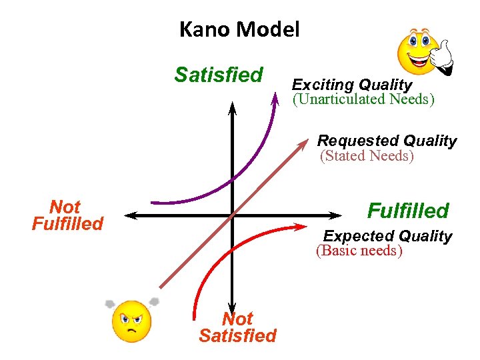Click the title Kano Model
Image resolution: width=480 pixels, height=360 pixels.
(239, 29)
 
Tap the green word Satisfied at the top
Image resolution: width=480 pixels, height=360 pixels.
(219, 75)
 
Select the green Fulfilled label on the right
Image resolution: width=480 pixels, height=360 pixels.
(408, 211)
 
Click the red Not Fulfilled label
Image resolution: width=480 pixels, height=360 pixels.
(67, 215)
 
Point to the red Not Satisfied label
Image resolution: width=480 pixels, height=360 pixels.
(237, 327)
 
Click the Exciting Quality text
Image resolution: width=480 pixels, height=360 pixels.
(352, 85)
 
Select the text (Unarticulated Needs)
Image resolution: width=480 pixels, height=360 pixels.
(363, 99)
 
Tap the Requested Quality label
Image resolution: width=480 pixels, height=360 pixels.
(387, 141)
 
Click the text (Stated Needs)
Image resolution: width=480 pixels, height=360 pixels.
(367, 156)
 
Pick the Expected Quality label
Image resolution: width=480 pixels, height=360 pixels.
(387, 236)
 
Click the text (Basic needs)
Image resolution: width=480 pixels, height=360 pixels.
(359, 251)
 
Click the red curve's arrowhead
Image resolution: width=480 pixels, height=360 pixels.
(301, 227)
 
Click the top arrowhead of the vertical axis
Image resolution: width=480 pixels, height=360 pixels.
(232, 105)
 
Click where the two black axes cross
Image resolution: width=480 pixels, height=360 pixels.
(232, 215)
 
